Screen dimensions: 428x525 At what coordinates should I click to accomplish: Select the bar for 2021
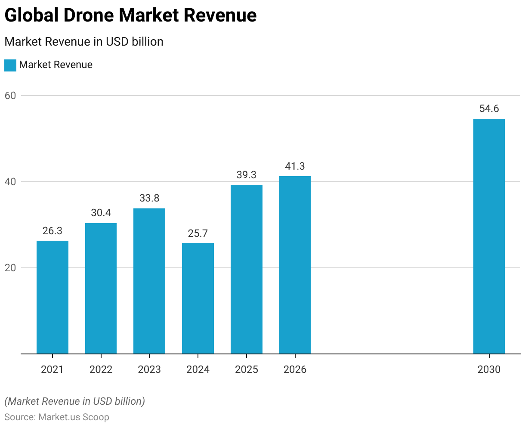tap(52, 297)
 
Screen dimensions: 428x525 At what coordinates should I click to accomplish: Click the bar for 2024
tap(198, 298)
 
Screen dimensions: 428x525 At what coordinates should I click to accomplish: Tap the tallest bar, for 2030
tap(489, 236)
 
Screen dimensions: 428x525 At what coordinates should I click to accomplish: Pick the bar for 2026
tap(295, 265)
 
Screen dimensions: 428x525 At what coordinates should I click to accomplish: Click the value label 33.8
tap(149, 198)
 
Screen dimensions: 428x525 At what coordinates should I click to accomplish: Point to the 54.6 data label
tap(489, 109)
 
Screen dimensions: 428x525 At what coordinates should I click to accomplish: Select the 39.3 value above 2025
tap(246, 175)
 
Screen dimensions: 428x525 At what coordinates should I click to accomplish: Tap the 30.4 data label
tap(101, 213)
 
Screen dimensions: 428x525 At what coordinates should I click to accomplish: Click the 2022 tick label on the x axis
tap(101, 369)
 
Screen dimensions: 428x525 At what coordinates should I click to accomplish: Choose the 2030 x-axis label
tap(489, 369)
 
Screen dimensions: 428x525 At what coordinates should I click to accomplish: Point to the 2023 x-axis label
tap(149, 369)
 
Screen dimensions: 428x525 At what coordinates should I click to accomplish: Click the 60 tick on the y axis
tap(10, 96)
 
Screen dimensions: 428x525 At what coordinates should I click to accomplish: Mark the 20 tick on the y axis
tap(10, 268)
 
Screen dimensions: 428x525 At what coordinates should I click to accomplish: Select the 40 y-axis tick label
tap(10, 182)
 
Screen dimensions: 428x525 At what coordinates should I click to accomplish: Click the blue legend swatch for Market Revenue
tap(10, 65)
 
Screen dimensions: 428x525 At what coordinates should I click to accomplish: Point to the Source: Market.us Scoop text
tap(57, 417)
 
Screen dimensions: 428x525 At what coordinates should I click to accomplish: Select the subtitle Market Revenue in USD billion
tap(84, 42)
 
